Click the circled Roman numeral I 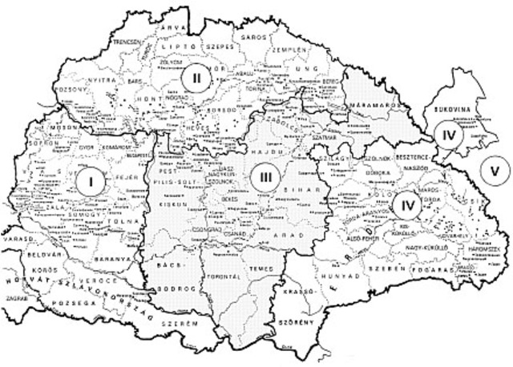[x=91, y=182]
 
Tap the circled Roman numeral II [x=195, y=78]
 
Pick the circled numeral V [x=495, y=169]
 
